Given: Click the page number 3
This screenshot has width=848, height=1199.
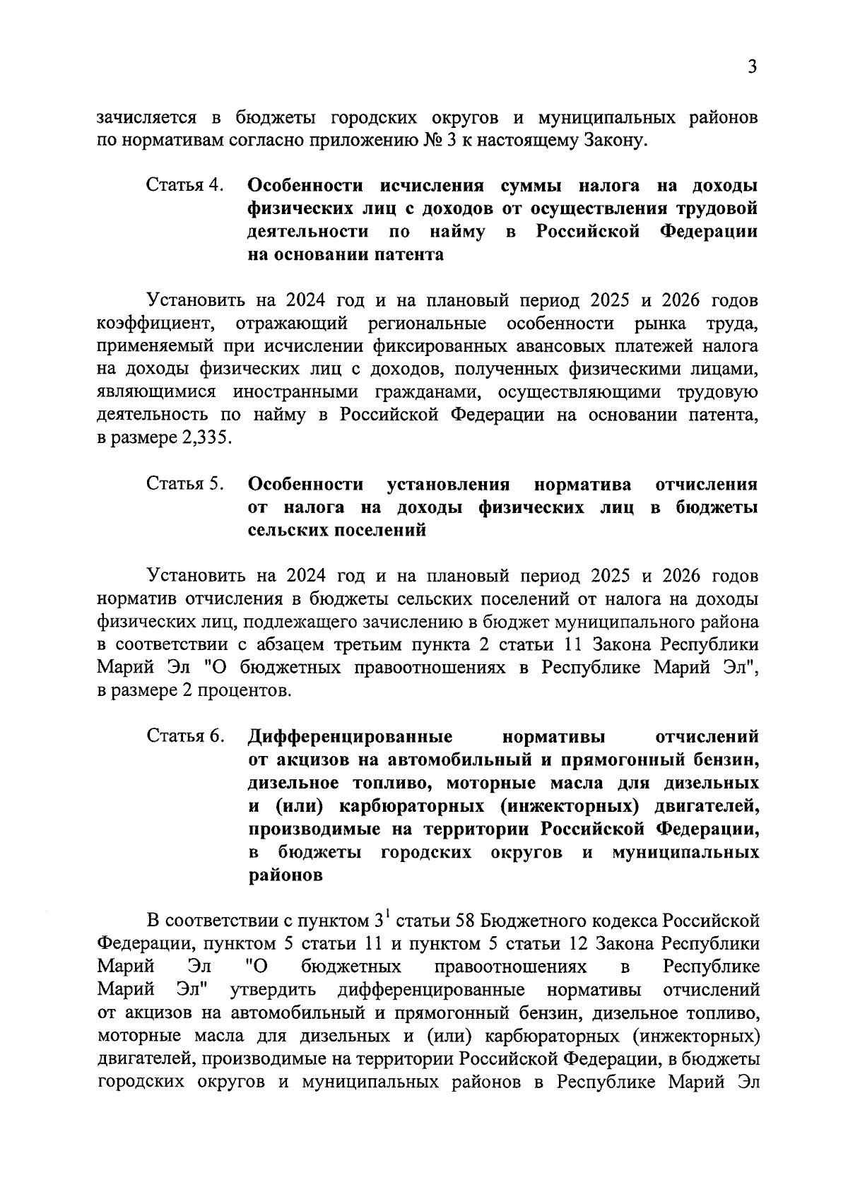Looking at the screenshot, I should click(753, 68).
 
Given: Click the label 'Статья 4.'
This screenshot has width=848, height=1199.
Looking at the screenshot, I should click(185, 186).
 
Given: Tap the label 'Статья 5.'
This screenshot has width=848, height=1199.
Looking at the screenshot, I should click(185, 485).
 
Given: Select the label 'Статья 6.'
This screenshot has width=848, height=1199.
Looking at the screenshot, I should click(185, 736).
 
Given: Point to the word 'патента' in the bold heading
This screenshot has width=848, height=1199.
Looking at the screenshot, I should click(410, 255).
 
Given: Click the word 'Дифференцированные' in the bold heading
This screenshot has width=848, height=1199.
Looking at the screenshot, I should click(350, 736).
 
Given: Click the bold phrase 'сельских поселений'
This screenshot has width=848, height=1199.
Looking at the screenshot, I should click(338, 530).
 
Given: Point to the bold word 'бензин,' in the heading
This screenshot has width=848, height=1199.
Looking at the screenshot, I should click(726, 760).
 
